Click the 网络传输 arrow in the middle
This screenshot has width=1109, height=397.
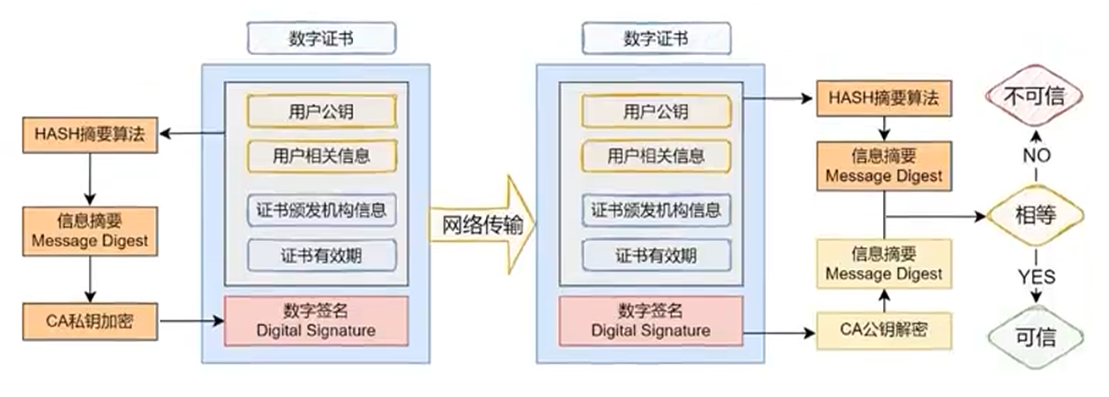[x=480, y=226]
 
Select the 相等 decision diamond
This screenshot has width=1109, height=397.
[x=1035, y=216]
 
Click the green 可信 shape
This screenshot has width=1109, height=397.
[x=1035, y=338]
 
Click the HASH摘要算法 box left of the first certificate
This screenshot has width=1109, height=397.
[x=90, y=133]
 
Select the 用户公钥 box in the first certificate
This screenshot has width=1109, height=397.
[x=322, y=111]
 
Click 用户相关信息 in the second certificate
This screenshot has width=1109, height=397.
[x=655, y=156]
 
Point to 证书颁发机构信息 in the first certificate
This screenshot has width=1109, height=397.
[x=322, y=209]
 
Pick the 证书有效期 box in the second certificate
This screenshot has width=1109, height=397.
[x=655, y=254]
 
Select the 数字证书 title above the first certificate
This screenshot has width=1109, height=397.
[x=322, y=38]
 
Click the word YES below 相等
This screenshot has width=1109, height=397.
[x=1036, y=276]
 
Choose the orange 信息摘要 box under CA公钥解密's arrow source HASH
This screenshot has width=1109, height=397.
[x=883, y=166]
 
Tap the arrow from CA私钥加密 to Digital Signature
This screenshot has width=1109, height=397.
[x=190, y=321]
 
